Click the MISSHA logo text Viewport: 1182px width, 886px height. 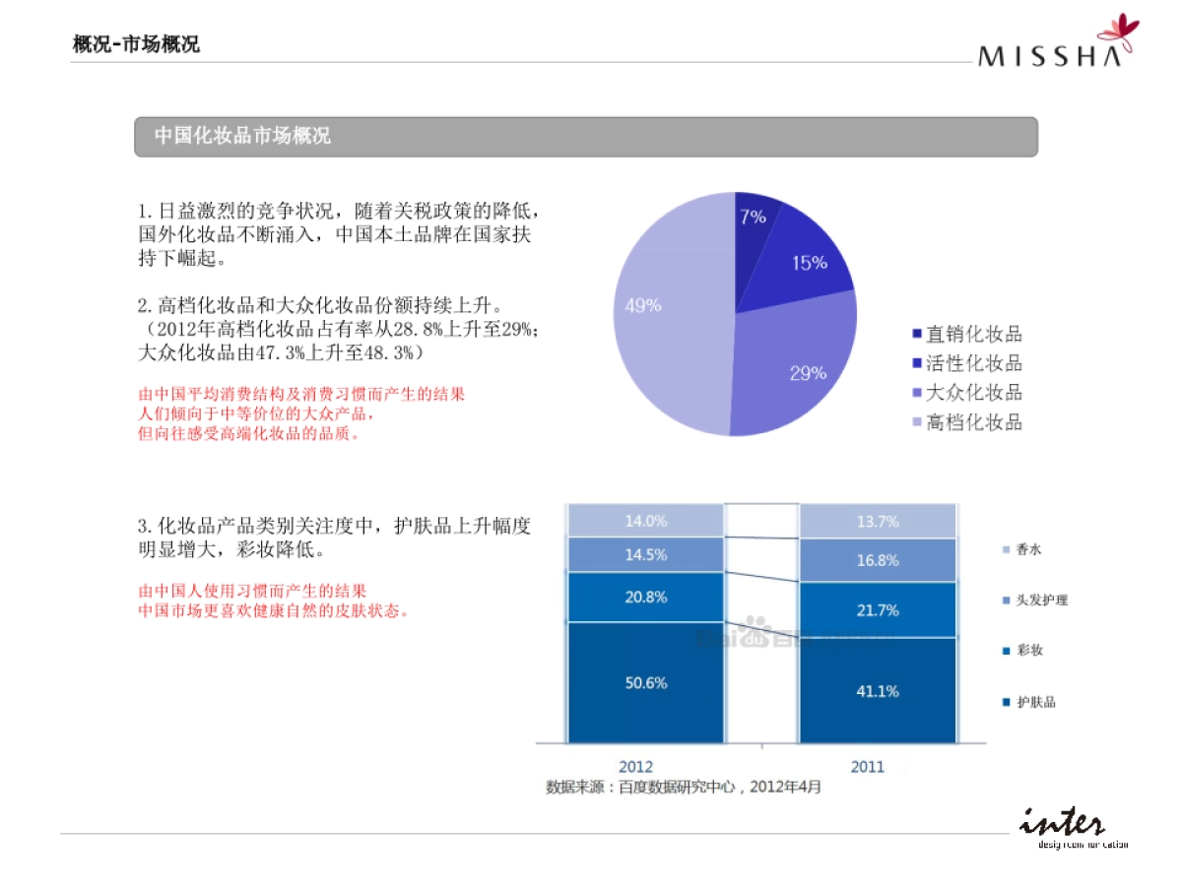click(x=1050, y=55)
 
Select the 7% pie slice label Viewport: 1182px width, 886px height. click(x=753, y=217)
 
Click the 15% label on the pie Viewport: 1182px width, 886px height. click(x=809, y=263)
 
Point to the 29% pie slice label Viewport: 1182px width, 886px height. click(x=808, y=373)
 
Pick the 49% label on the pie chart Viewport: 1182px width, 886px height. click(x=643, y=305)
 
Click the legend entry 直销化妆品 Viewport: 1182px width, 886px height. click(x=973, y=335)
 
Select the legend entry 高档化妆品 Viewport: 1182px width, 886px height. click(x=973, y=423)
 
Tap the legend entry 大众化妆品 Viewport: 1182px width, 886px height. click(x=973, y=394)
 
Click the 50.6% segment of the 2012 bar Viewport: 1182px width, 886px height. click(x=646, y=683)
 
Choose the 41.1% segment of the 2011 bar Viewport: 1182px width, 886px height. click(x=877, y=691)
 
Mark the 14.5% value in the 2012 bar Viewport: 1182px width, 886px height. click(x=646, y=554)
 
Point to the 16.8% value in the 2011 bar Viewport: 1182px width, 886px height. click(x=877, y=560)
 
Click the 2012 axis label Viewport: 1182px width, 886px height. click(x=635, y=767)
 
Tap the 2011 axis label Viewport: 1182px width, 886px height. click(x=868, y=767)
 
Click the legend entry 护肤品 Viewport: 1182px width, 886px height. click(x=1034, y=703)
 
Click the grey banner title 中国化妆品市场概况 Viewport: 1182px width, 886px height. click(x=242, y=137)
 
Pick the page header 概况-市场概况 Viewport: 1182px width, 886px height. click(x=136, y=44)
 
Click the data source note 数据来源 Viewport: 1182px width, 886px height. click(x=684, y=788)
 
